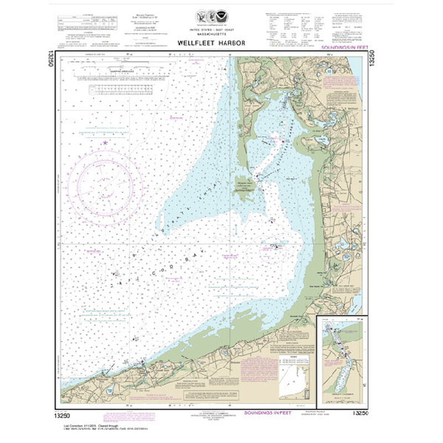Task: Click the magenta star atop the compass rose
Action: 105,143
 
